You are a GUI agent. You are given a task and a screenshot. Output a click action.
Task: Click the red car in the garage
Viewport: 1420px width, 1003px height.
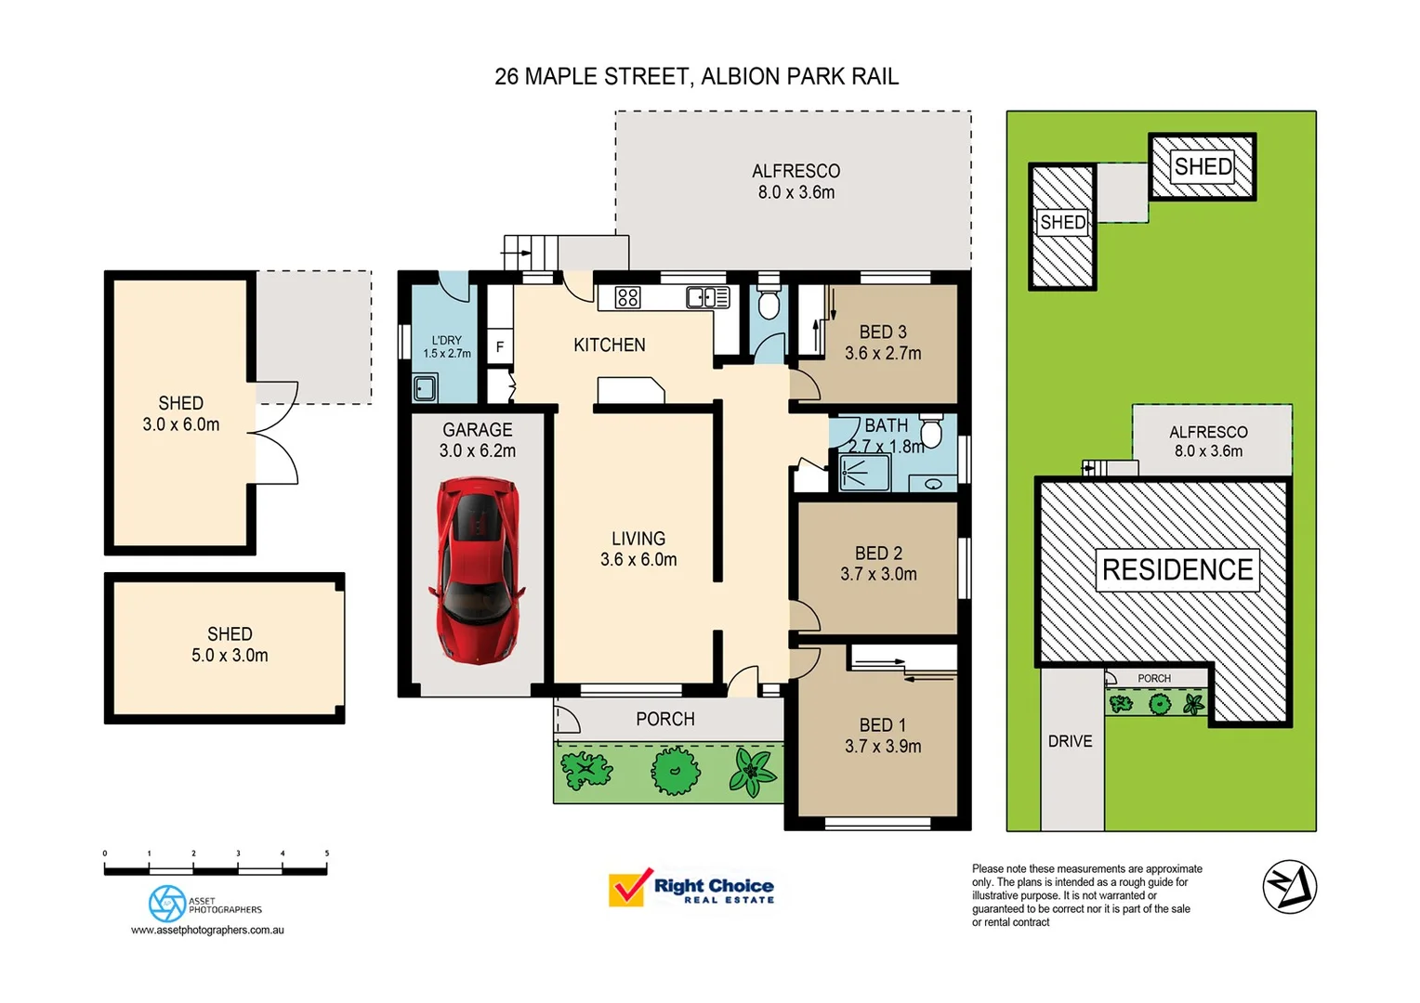(x=477, y=570)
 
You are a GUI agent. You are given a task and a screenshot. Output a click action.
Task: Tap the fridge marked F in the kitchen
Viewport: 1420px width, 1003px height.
(x=500, y=347)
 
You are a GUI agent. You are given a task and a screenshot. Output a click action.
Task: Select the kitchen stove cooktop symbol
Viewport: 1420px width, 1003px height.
(x=627, y=297)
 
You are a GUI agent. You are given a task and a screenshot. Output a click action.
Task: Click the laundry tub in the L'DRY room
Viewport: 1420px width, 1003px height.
(x=425, y=387)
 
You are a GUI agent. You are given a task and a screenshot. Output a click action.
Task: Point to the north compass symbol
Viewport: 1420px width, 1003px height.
(x=1289, y=886)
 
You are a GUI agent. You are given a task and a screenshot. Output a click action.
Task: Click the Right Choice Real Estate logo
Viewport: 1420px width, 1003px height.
(x=691, y=889)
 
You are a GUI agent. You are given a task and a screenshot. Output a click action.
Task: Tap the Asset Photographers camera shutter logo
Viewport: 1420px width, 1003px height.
(x=167, y=903)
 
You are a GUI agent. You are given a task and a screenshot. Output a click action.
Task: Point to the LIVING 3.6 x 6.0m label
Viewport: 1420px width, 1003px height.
(x=638, y=549)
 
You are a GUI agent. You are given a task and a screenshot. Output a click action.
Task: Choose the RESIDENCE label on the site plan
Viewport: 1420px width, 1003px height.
(x=1177, y=569)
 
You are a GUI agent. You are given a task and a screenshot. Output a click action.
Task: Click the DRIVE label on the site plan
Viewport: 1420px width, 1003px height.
(x=1070, y=741)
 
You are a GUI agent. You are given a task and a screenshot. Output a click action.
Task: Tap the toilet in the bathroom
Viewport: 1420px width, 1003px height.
(x=931, y=432)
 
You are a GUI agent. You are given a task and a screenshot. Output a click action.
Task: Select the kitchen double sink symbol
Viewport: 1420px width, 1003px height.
(x=708, y=297)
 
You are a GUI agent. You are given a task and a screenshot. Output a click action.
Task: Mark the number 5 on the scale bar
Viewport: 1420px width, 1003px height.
(x=327, y=853)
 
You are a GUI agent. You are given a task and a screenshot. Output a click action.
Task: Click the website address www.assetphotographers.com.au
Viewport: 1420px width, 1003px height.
(x=207, y=930)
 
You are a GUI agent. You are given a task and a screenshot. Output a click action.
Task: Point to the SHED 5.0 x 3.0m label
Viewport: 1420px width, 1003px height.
(x=230, y=645)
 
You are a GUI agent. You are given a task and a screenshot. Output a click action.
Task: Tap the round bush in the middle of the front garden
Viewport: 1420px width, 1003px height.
(x=675, y=770)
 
